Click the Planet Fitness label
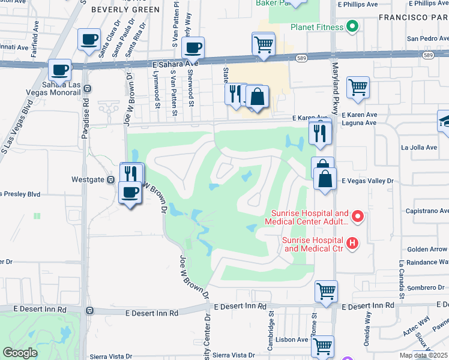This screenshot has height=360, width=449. click(x=316, y=27)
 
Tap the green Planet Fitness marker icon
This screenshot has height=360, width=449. click(x=352, y=27)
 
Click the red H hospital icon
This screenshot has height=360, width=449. click(x=352, y=243)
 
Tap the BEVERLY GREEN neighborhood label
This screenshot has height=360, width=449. click(x=125, y=10)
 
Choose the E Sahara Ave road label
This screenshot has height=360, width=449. click(x=175, y=62)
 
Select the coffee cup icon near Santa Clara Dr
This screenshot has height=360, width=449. click(x=89, y=40)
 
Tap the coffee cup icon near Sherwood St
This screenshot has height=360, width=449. click(x=193, y=47)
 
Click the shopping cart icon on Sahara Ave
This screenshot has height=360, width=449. click(x=264, y=43)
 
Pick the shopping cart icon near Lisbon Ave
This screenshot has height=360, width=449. click(x=322, y=346)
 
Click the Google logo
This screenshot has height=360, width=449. click(x=20, y=353)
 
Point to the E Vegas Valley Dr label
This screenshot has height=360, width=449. click(x=367, y=180)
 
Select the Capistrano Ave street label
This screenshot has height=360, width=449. click(x=427, y=211)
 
